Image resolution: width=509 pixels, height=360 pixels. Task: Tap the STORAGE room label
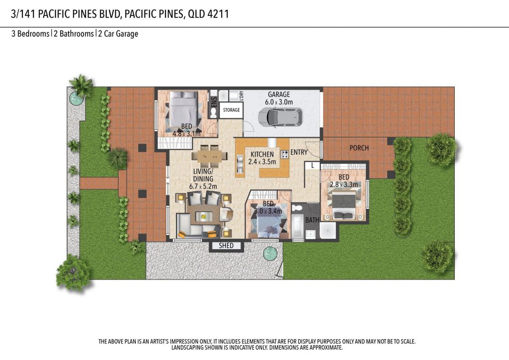coord(231,110)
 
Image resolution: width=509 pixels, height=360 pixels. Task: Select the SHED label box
coord(226,246)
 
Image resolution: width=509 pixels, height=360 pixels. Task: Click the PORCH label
coord(359,148)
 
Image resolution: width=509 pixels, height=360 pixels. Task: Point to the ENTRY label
coord(299,152)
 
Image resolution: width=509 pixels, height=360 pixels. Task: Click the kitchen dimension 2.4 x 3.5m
coord(262,162)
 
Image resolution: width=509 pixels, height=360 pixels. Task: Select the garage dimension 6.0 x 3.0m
coord(279,102)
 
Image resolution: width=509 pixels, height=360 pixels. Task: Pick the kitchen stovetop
coord(285,154)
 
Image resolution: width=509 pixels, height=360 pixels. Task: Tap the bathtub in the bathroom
coord(298,226)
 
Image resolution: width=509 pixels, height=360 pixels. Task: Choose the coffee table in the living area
coord(203,216)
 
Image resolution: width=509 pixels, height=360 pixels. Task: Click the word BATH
coord(312,220)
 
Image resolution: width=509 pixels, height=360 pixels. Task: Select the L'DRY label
coord(241,95)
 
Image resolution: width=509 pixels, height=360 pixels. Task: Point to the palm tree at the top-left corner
coord(82,85)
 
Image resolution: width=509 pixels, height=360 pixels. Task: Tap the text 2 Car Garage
coord(118,34)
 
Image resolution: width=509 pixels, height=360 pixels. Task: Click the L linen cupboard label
coord(312,166)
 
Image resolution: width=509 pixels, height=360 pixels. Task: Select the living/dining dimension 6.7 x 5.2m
coord(203,186)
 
